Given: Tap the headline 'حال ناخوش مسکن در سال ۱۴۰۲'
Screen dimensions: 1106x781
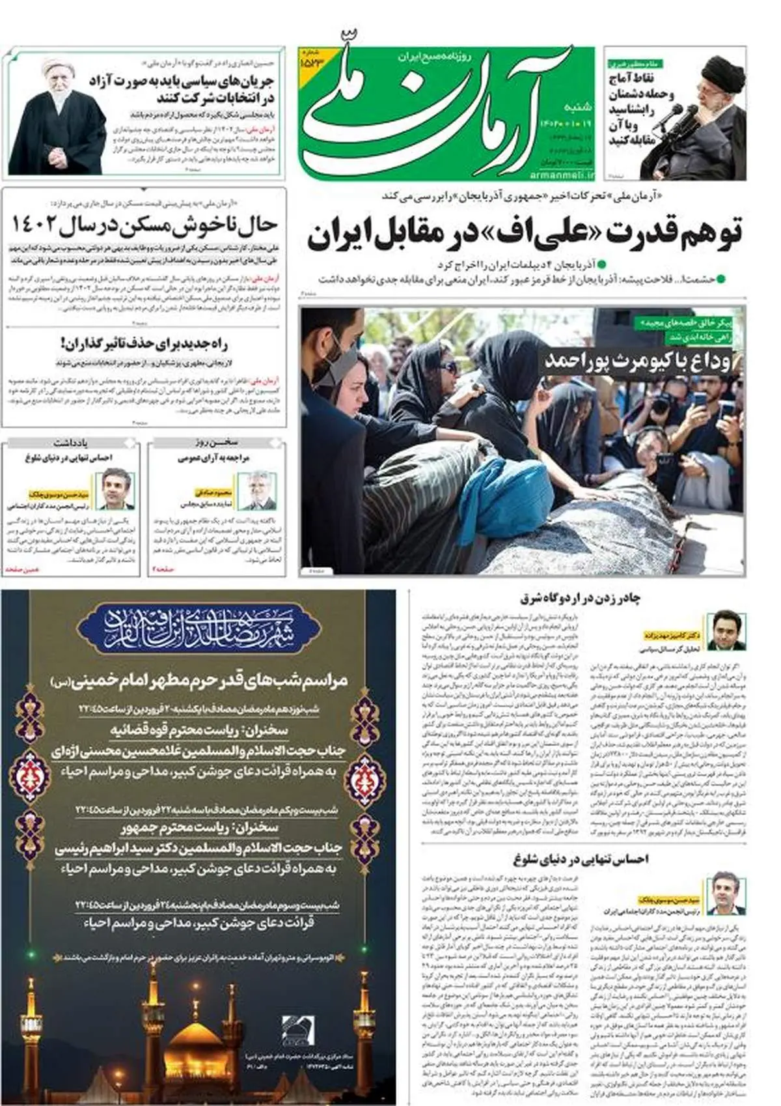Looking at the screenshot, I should (144, 225).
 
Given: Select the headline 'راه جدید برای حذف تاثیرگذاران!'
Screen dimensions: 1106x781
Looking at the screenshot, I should (144, 343).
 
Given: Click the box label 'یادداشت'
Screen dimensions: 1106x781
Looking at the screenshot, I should (70, 443).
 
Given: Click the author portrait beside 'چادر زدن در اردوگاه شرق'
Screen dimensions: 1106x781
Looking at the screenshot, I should (726, 631).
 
